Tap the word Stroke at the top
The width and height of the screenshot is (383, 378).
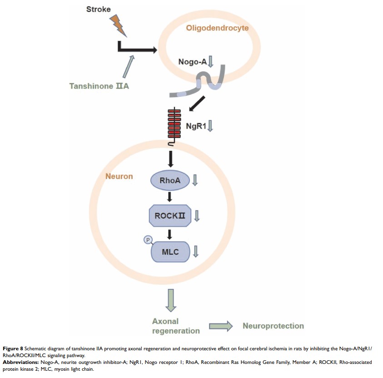click(x=98, y=9)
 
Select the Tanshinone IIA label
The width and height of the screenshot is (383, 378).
click(x=99, y=86)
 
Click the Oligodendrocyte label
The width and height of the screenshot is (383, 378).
click(x=217, y=29)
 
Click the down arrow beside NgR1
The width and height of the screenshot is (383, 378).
click(x=210, y=125)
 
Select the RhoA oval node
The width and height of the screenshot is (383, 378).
click(x=169, y=181)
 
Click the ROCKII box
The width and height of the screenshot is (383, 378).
click(x=169, y=215)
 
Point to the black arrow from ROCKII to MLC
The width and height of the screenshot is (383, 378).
click(x=169, y=234)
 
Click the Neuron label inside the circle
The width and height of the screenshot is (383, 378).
click(x=119, y=176)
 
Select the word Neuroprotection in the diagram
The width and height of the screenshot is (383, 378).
click(x=273, y=326)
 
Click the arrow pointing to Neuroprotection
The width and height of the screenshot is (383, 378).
click(x=221, y=326)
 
